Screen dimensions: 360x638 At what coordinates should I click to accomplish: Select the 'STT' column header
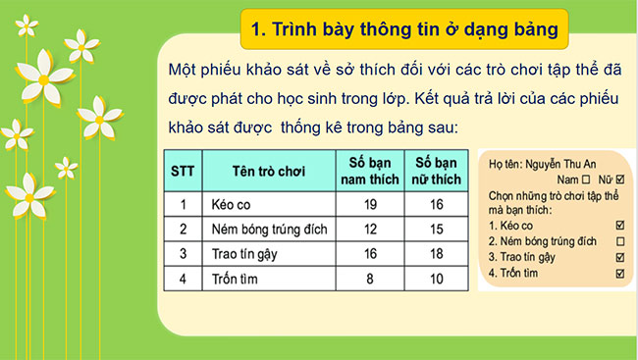tap(183, 172)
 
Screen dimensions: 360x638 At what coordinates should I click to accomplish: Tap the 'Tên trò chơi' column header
tap(268, 172)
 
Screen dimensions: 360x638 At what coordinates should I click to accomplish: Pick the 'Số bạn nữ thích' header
tap(437, 172)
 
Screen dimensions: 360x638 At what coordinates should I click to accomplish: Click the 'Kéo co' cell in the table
tap(230, 204)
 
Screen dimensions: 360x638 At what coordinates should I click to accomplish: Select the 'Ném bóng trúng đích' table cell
tap(265, 229)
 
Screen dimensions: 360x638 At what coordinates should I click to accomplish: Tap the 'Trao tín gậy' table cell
tap(244, 253)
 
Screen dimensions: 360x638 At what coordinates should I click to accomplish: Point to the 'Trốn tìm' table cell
tap(233, 278)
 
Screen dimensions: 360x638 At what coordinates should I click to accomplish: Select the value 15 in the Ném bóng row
tap(437, 229)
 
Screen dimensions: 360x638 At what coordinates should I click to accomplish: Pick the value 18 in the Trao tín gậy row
tap(437, 253)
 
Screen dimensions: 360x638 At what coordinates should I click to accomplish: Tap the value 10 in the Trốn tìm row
tap(437, 278)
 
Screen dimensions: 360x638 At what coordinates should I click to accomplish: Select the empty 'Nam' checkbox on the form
tap(586, 180)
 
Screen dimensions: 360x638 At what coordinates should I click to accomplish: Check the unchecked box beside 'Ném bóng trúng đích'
tap(618, 241)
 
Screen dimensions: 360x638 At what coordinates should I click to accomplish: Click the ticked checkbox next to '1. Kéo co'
tap(618, 226)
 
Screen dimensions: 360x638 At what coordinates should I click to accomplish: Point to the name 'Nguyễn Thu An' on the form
tap(568, 166)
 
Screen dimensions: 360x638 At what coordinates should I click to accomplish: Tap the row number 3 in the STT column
tap(183, 253)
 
